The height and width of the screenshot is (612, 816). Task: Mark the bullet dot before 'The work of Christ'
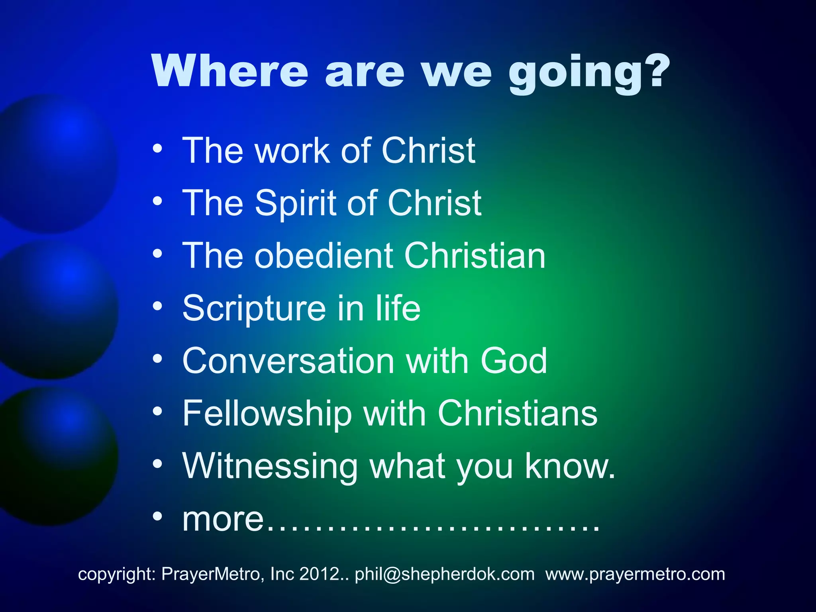pyautogui.click(x=157, y=148)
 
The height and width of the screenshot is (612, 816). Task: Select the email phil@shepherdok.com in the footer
pyautogui.click(x=445, y=574)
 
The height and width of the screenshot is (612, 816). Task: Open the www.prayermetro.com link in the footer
pyautogui.click(x=635, y=574)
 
